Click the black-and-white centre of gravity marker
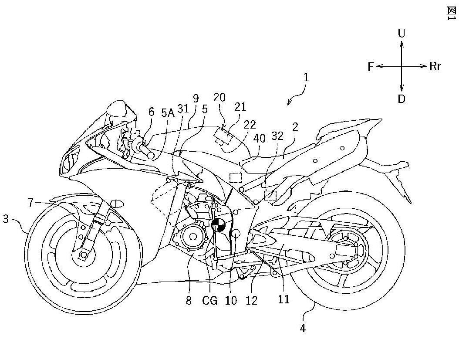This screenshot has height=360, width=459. [218, 224]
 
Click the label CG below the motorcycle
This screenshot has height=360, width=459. [209, 300]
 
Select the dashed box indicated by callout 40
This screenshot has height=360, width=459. [236, 178]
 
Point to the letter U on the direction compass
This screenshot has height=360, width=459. [402, 34]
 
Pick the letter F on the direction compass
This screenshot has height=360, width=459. [371, 67]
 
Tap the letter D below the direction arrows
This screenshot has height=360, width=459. [402, 99]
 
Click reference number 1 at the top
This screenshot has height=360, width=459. [306, 78]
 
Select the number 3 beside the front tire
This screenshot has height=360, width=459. [6, 219]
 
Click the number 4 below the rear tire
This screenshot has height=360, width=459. [303, 328]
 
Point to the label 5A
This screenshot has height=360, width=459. [168, 113]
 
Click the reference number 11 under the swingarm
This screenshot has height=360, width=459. [283, 299]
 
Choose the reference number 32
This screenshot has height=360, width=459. [277, 136]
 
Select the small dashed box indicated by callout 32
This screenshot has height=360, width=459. [270, 195]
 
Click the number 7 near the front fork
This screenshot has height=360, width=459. [31, 203]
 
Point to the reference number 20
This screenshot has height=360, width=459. [219, 97]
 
